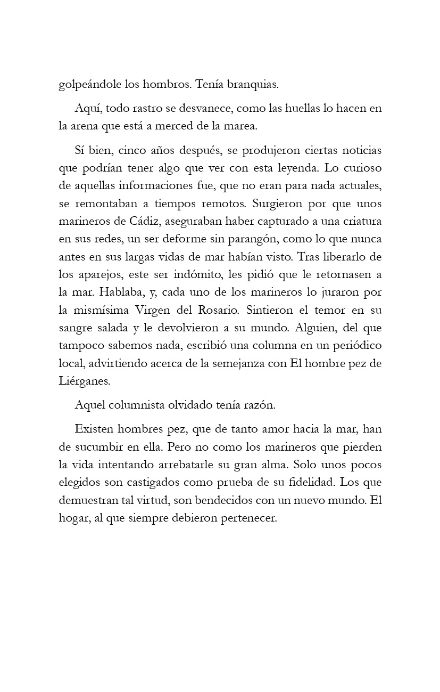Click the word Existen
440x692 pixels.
point(93,429)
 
